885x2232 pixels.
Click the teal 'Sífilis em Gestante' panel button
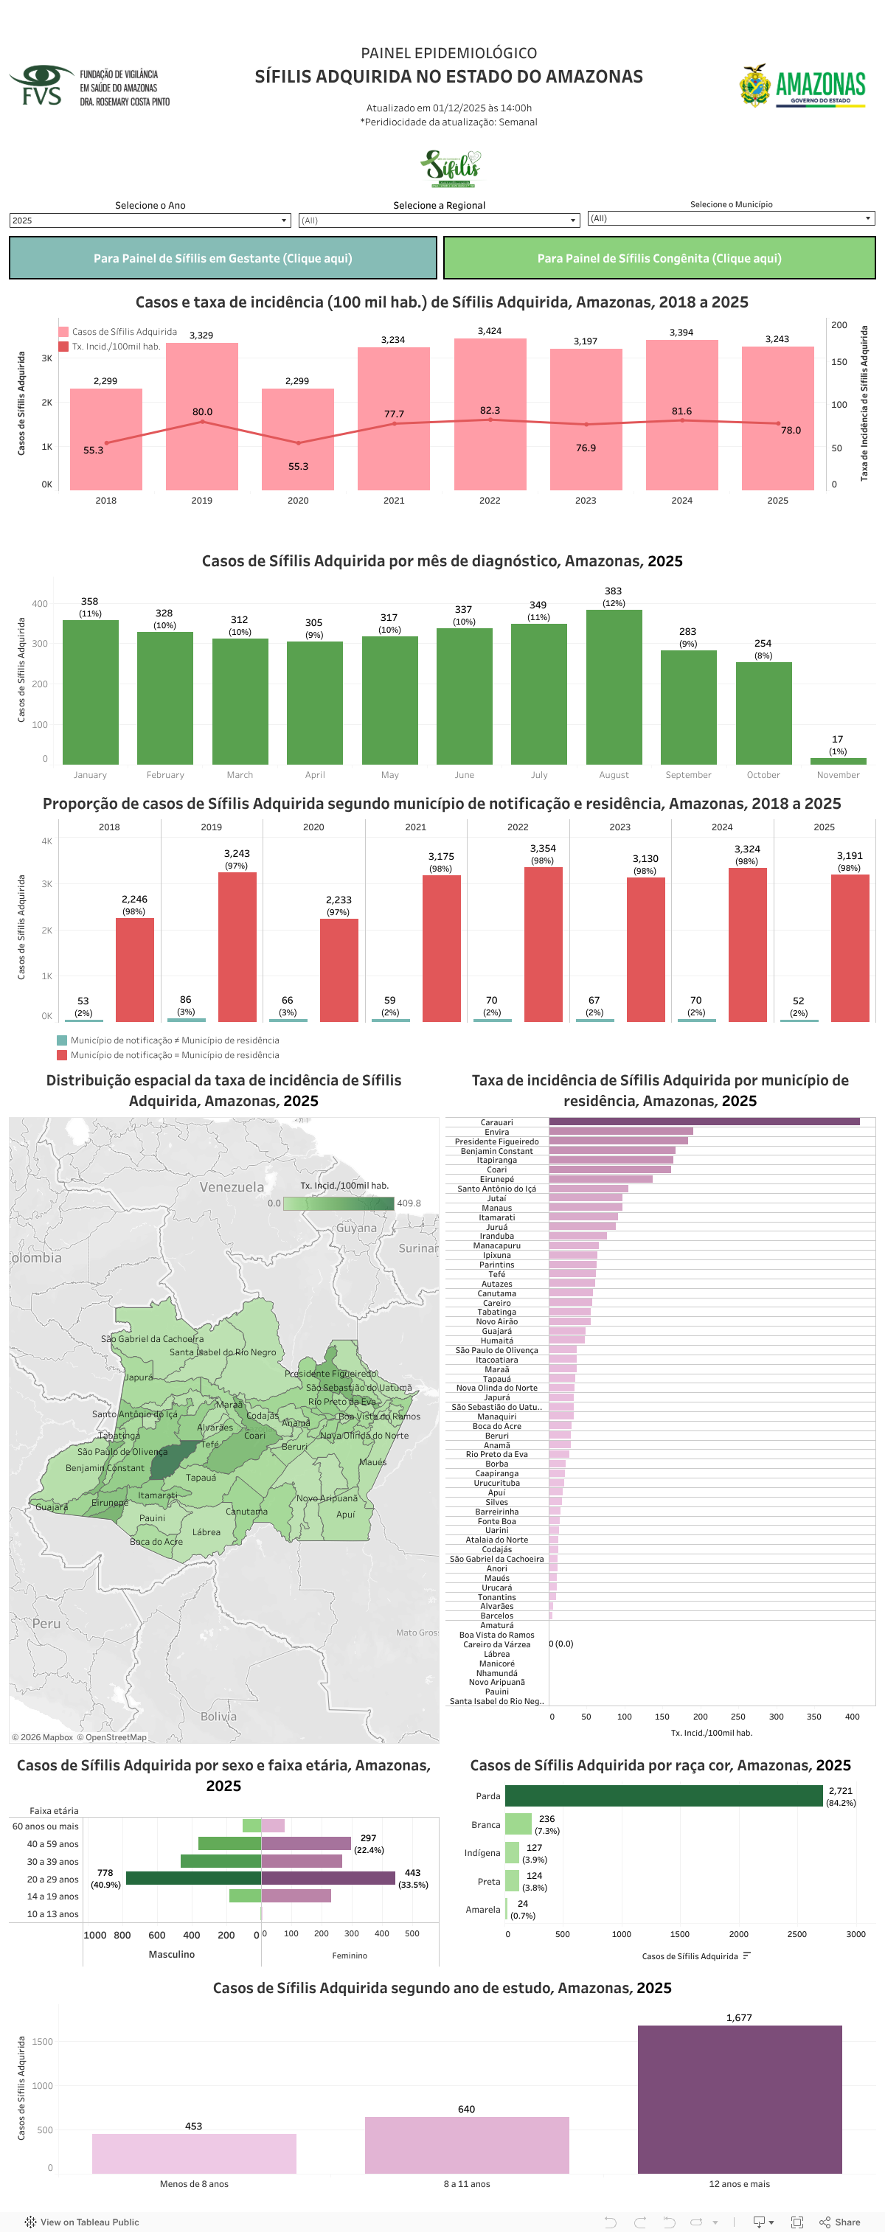point(223,258)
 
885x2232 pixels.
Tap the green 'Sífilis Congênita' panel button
point(659,258)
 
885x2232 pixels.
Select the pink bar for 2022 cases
point(490,416)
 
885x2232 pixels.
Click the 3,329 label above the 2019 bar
point(201,336)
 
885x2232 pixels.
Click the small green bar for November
point(837,761)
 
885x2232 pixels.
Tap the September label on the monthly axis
point(688,775)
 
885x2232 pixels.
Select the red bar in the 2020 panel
point(339,970)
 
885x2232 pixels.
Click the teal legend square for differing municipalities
point(61,1040)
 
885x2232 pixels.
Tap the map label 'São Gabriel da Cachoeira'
point(153,1338)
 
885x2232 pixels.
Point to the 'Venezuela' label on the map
point(232,1187)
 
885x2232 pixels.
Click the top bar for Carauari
point(704,1122)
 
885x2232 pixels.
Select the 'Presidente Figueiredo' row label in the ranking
point(496,1141)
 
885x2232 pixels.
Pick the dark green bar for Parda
point(663,1795)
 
